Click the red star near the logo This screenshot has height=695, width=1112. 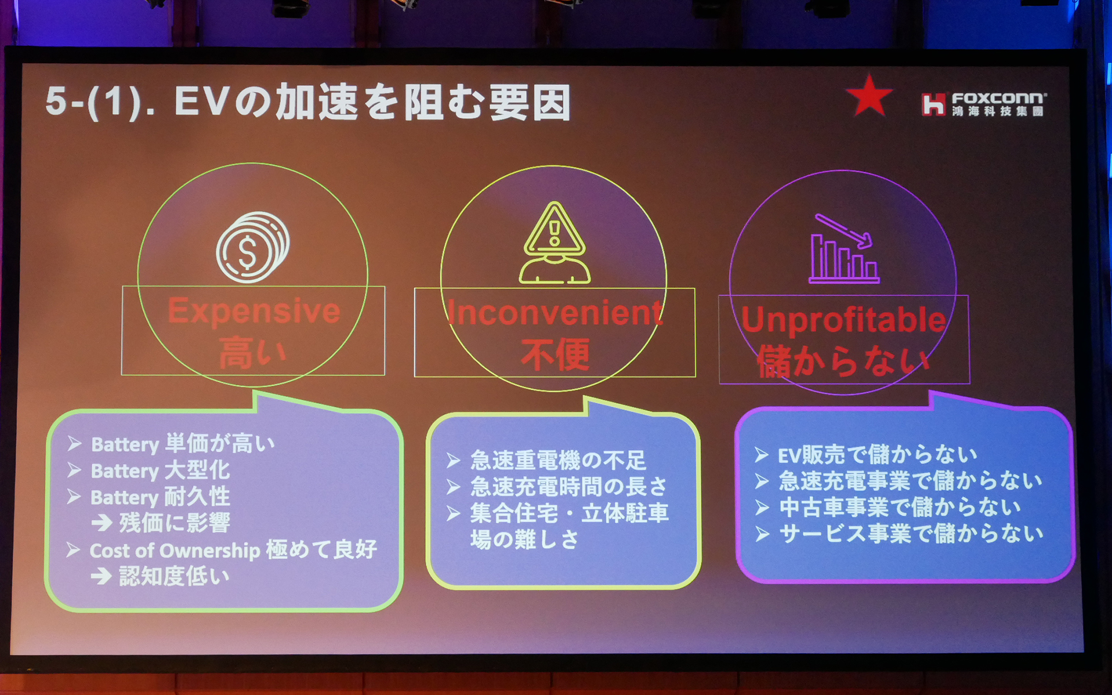pos(868,96)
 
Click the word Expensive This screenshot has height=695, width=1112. pos(254,311)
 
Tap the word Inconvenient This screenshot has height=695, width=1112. pos(554,313)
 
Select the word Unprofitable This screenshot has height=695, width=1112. pos(843,320)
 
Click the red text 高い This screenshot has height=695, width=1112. pos(253,353)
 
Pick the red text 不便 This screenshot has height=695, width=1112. pos(555,354)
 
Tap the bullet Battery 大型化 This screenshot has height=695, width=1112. pos(160,470)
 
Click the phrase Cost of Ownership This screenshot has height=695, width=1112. pos(174,550)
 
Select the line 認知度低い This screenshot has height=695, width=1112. pos(174,576)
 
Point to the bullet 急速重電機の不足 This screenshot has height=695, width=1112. pos(557,460)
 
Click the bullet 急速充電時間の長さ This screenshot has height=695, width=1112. pos(568,487)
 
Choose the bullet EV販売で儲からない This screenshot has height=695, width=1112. pos(877,455)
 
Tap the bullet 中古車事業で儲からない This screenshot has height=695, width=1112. pos(899,507)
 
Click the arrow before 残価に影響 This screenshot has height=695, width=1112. pos(101,524)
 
